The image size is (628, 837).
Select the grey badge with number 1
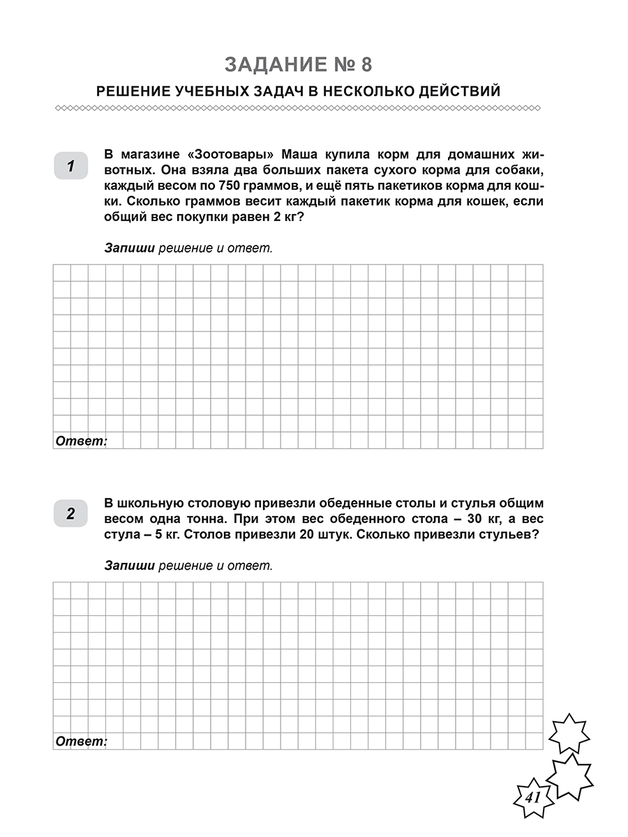(x=70, y=166)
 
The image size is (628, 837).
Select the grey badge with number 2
(x=70, y=515)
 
